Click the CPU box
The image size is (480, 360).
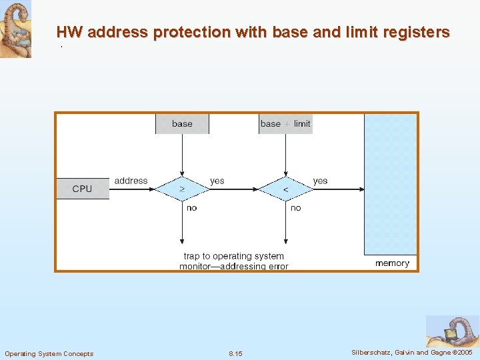pyautogui.click(x=82, y=189)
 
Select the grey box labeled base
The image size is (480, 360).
pyautogui.click(x=182, y=123)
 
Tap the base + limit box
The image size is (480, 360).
pyautogui.click(x=285, y=123)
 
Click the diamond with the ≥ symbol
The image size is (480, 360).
pyautogui.click(x=182, y=189)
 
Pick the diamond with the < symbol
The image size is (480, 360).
pyautogui.click(x=285, y=189)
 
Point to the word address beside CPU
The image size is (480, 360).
pyautogui.click(x=131, y=181)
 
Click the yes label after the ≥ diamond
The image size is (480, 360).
pyautogui.click(x=217, y=181)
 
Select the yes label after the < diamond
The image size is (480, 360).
pyautogui.click(x=321, y=181)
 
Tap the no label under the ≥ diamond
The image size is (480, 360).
pyautogui.click(x=192, y=208)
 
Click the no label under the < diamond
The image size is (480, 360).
pyautogui.click(x=296, y=208)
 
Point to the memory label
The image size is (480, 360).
pyautogui.click(x=392, y=263)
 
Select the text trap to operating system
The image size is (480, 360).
pyautogui.click(x=234, y=256)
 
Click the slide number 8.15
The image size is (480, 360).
pyautogui.click(x=235, y=353)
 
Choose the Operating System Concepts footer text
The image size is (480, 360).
pyautogui.click(x=49, y=353)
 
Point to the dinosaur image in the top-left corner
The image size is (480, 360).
pyautogui.click(x=15, y=28)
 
